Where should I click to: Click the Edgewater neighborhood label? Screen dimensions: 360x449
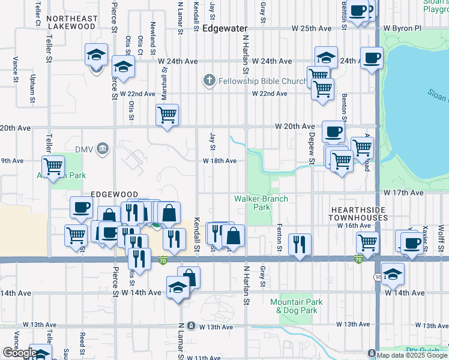click(x=225, y=28)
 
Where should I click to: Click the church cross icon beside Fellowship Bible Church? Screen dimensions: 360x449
click(x=209, y=80)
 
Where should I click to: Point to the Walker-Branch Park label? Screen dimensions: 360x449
click(x=261, y=203)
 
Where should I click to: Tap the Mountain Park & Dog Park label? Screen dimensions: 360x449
click(x=297, y=306)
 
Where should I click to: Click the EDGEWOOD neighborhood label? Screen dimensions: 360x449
click(x=110, y=194)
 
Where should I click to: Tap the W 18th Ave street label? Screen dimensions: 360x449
click(x=219, y=161)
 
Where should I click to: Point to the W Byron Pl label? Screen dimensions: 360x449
click(x=403, y=28)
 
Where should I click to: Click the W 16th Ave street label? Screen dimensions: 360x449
click(x=354, y=226)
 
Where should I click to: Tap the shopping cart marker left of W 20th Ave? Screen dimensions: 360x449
click(x=167, y=114)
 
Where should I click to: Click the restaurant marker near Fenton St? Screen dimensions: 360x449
click(x=299, y=244)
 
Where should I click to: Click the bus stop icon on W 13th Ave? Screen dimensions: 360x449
click(x=191, y=326)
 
